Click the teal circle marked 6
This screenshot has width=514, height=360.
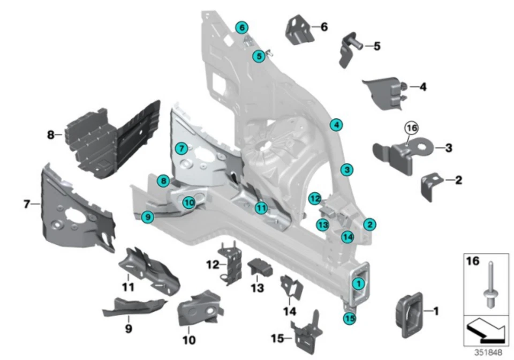241,27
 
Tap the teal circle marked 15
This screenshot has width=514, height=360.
349,318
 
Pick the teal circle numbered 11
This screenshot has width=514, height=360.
261,208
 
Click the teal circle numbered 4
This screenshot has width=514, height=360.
336,125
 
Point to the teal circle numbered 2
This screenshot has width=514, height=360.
369,224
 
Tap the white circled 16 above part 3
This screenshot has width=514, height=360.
411,129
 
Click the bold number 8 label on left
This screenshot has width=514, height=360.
51,136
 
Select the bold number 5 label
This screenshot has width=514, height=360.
377,46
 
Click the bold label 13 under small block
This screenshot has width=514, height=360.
258,288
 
